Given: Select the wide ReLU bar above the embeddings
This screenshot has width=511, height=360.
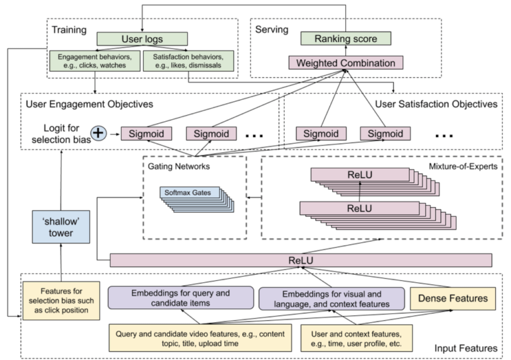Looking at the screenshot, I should [x=301, y=260].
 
